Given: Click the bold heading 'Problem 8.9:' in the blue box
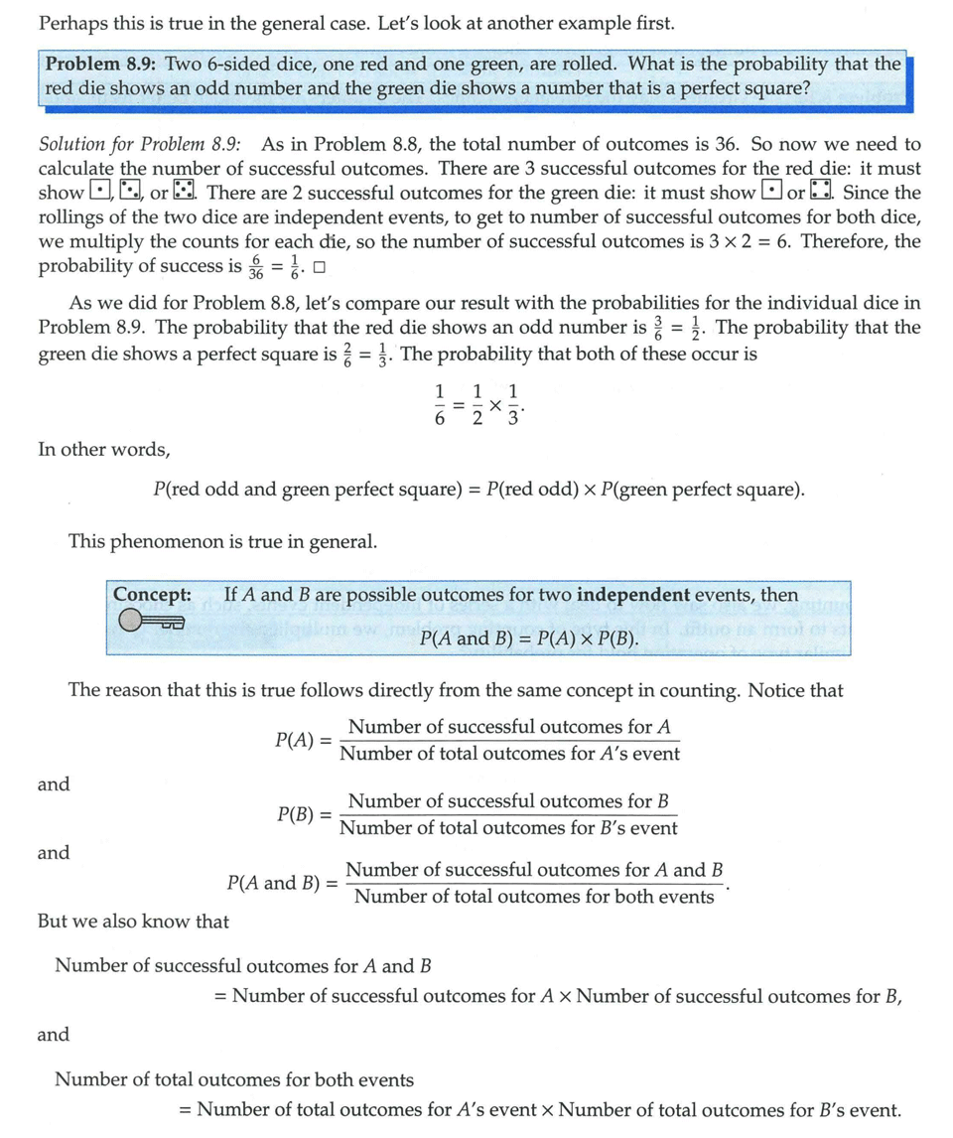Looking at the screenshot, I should click(101, 65).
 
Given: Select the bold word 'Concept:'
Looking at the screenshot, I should click(152, 595).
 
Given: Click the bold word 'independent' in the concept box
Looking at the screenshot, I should click(632, 595).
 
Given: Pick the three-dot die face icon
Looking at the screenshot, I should click(129, 192).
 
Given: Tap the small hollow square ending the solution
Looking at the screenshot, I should click(319, 268).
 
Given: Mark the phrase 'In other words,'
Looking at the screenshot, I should click(103, 450).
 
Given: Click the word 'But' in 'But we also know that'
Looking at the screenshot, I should click(54, 922).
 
